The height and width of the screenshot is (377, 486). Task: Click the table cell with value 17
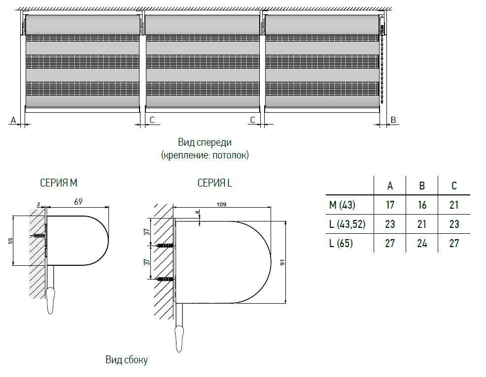pos(390,205)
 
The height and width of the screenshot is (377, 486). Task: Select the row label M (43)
pos(342,205)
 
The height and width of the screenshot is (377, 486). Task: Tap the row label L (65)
pos(341,243)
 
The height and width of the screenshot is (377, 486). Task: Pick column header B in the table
pos(422,186)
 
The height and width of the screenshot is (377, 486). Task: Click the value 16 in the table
pos(422,205)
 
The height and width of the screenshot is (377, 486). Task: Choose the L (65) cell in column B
pos(422,243)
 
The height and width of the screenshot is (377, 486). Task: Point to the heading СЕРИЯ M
pos(59,183)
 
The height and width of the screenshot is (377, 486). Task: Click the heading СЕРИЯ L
pos(214,183)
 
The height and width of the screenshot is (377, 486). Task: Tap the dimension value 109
pos(222,203)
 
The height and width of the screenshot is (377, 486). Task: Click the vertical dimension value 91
pos(282,262)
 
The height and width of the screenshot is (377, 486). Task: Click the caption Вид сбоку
pos(126,360)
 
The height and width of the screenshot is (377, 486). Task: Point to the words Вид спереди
pos(205,143)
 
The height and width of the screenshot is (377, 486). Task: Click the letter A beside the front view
pos(13,120)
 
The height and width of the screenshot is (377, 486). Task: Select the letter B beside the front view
pos(393,120)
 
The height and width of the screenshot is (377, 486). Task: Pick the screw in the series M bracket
pos(38,236)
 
